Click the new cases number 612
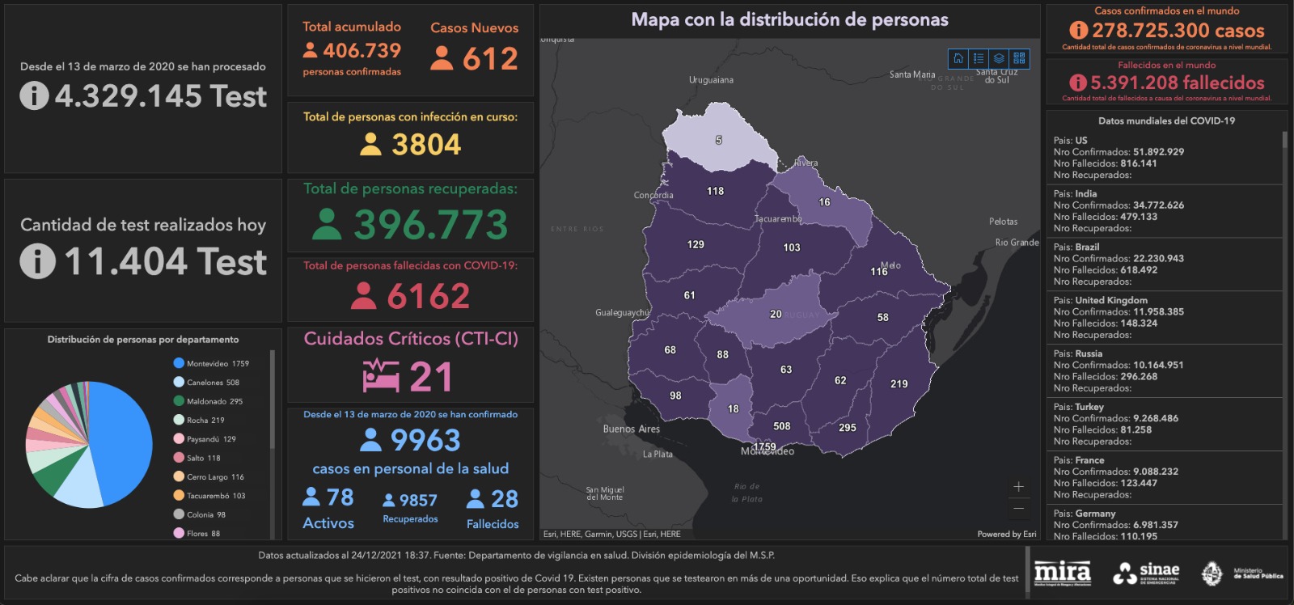[x=490, y=59]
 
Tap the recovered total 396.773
[x=430, y=225]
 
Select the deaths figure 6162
[x=428, y=296]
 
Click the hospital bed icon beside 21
[x=381, y=376]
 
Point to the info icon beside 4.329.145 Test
[x=34, y=96]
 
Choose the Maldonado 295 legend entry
[x=209, y=401]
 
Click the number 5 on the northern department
[x=718, y=140]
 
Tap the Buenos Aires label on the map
[x=631, y=429]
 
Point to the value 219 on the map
[x=899, y=384]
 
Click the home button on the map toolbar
[x=958, y=58]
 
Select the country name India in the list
[x=1086, y=194]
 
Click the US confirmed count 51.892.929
[x=1158, y=152]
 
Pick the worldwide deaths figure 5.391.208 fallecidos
[x=1177, y=82]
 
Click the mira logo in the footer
[x=1062, y=573]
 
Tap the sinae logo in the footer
[x=1147, y=573]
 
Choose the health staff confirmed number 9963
[x=425, y=440]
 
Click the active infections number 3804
[x=426, y=145]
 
